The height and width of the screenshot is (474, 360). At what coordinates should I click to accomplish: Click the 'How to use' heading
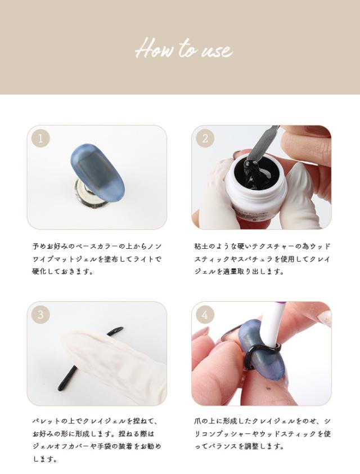point(184,48)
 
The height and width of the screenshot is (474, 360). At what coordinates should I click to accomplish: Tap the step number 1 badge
point(40,138)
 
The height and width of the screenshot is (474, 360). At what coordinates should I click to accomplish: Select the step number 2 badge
point(205,138)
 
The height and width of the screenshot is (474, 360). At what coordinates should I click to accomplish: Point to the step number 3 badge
point(40,315)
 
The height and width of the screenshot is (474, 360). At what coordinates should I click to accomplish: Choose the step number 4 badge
point(205,315)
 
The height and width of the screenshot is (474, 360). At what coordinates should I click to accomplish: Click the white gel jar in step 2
point(255,187)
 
